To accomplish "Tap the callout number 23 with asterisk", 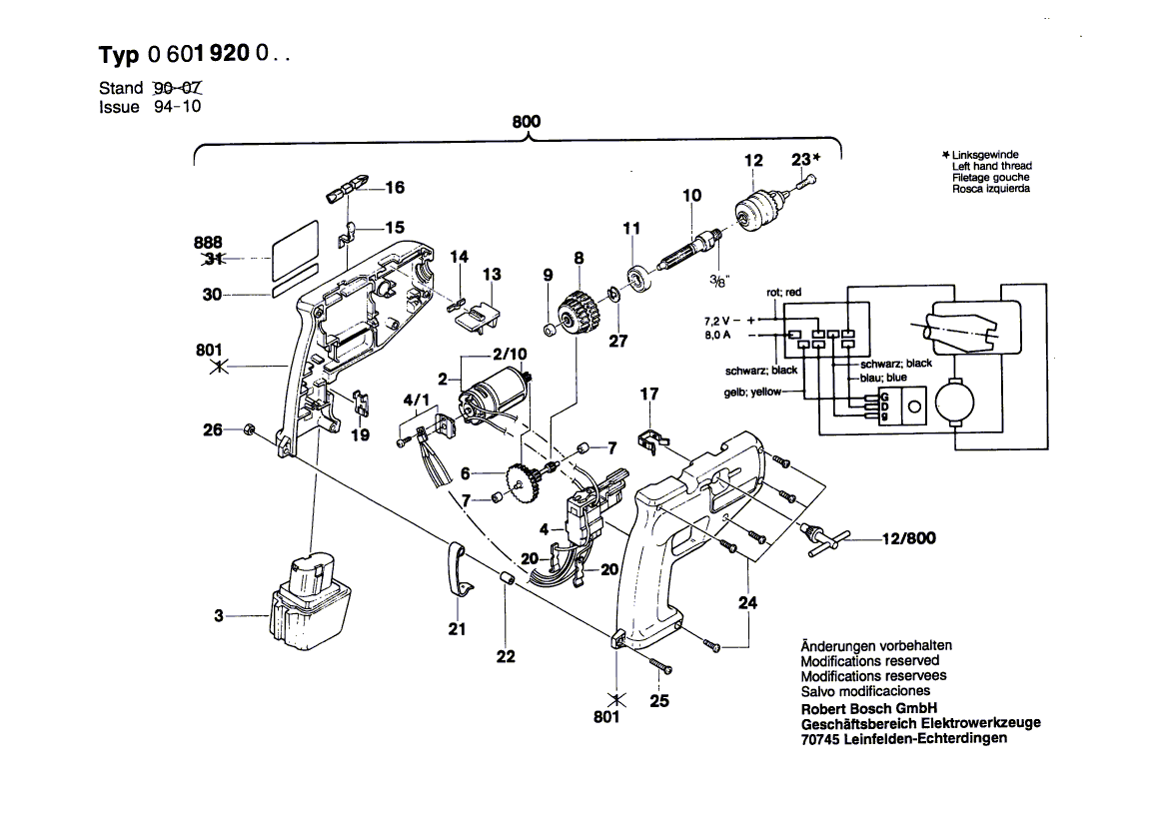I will click(805, 159).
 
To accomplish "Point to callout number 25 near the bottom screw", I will click(658, 700).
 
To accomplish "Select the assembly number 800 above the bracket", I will click(526, 122).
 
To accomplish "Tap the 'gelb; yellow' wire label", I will click(753, 393).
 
